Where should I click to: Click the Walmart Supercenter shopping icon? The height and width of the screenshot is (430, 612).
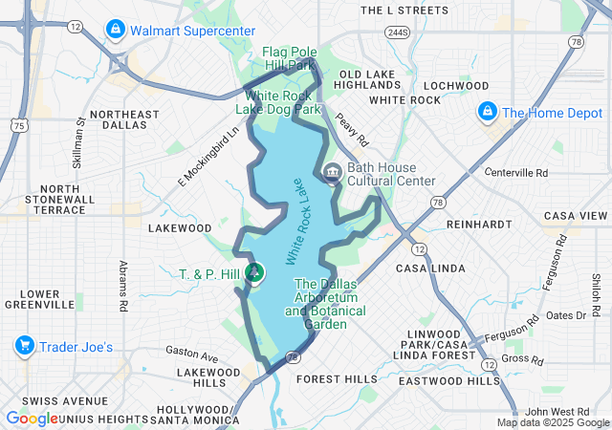tap(116, 30)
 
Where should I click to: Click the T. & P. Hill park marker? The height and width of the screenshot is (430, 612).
tap(255, 274)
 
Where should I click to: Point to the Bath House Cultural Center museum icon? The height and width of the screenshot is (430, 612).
tap(332, 173)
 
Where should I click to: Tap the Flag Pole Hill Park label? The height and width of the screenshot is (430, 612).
tap(289, 58)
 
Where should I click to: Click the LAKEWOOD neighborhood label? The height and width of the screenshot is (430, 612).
tap(180, 228)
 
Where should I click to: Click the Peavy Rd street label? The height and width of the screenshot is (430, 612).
tap(352, 133)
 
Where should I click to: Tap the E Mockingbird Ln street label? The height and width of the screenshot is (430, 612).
tap(206, 160)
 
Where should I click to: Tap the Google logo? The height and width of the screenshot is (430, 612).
tap(32, 419)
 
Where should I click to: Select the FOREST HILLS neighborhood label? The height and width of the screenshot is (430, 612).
tap(337, 378)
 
